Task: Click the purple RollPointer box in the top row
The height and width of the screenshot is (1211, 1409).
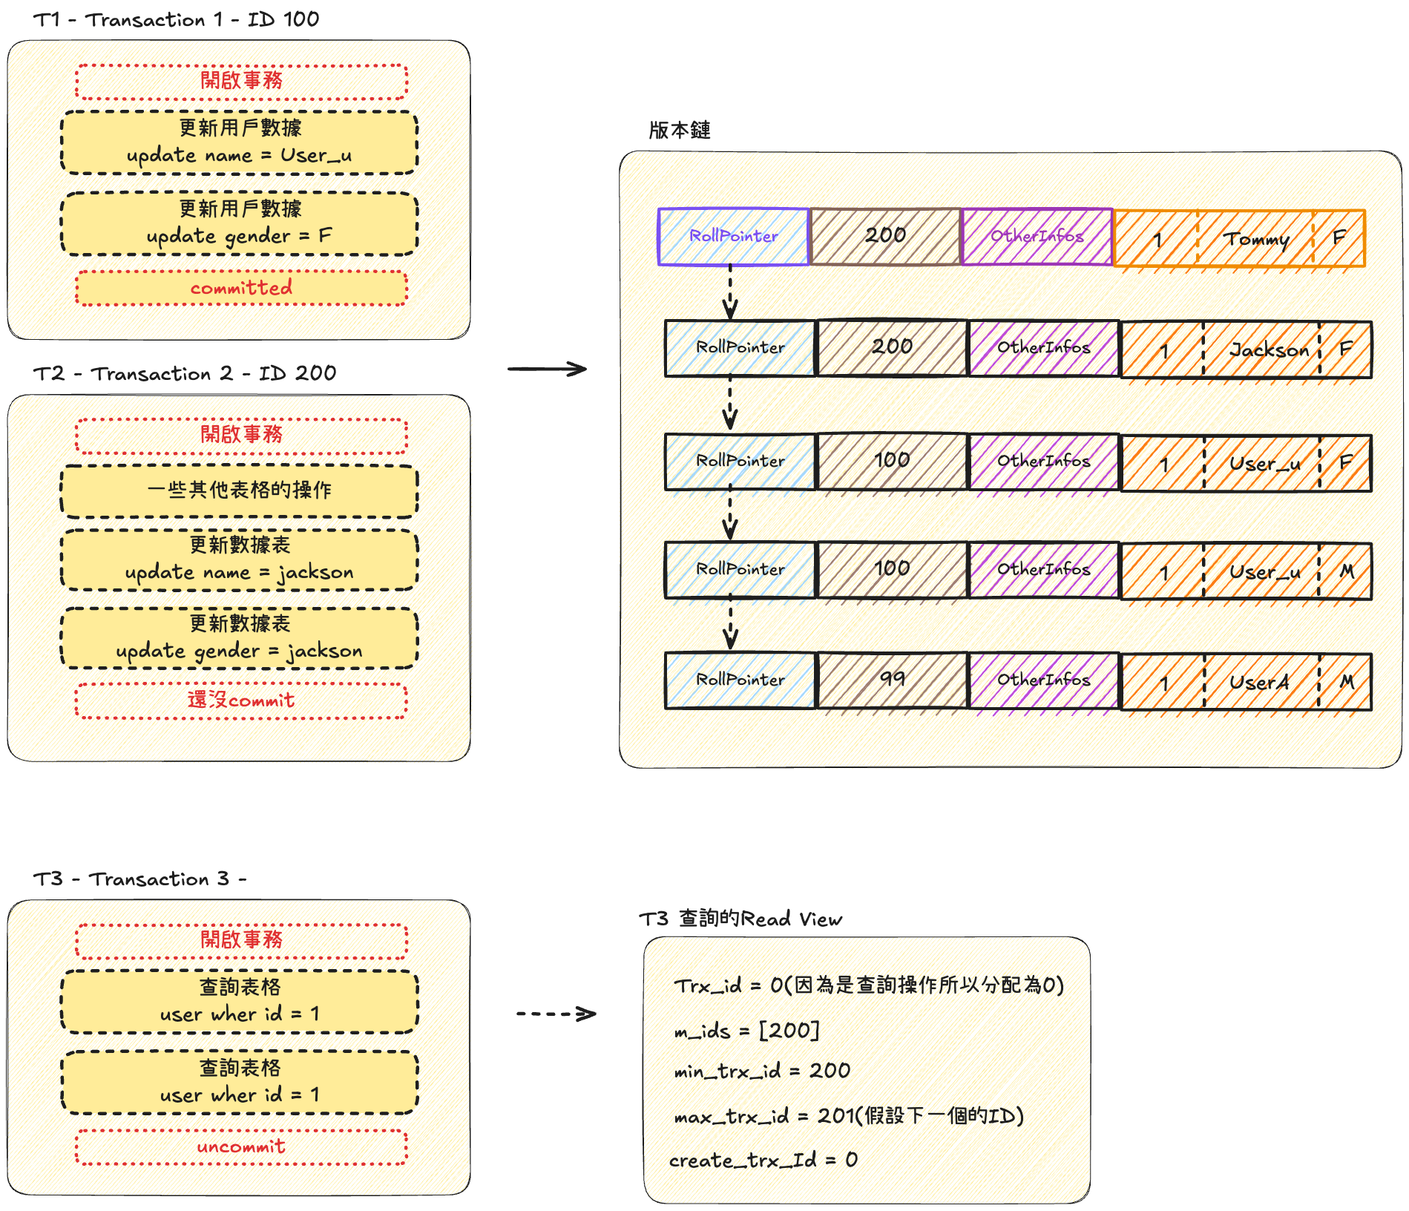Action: point(733,237)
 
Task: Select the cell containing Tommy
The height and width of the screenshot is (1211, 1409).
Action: point(1255,239)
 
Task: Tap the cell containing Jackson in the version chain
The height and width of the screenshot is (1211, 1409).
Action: point(1261,349)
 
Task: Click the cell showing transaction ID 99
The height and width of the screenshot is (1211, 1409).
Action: point(892,680)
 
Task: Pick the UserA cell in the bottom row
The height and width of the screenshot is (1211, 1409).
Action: point(1261,682)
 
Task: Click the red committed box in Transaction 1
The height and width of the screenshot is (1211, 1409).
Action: point(241,288)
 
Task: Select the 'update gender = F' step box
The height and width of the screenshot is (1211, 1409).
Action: point(239,223)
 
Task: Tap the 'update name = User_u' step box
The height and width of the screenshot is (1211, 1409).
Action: point(239,142)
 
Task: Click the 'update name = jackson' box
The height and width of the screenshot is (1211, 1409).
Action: point(239,559)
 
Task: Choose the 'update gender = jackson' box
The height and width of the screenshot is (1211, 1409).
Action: point(239,638)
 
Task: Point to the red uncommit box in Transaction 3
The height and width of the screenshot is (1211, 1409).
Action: point(241,1146)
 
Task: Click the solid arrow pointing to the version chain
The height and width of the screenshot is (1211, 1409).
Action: point(548,369)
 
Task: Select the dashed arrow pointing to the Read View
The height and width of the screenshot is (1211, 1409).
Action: point(556,1014)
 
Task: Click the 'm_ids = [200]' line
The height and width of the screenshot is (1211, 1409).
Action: point(746,1031)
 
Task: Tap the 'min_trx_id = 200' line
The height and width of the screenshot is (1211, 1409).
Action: point(762,1071)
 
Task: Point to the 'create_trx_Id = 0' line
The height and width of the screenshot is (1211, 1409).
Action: point(763,1160)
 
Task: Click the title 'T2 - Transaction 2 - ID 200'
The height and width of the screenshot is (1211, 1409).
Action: point(184,373)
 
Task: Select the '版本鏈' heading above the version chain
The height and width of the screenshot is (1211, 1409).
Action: point(679,131)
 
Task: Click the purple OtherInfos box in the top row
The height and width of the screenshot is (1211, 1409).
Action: point(1037,237)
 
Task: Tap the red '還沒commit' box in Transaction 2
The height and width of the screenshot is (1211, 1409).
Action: point(241,700)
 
